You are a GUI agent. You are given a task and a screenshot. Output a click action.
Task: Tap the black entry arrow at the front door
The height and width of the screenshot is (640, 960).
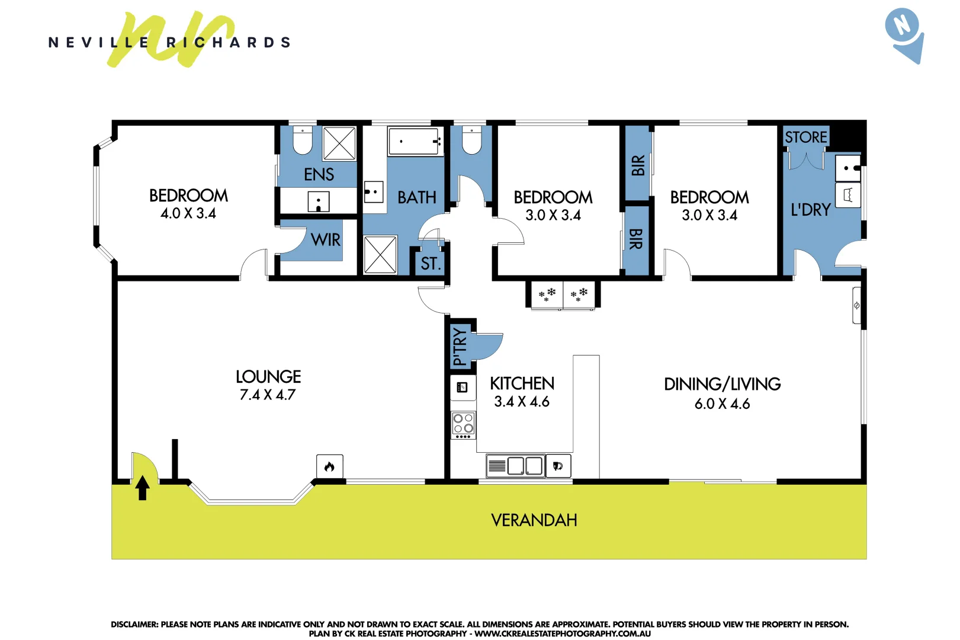tap(142, 488)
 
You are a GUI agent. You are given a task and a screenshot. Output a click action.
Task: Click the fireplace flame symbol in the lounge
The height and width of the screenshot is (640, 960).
tap(329, 466)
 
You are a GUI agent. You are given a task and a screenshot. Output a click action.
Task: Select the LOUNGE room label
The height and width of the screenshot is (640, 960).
tap(268, 377)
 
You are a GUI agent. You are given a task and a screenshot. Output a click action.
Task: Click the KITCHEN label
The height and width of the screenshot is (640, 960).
tap(522, 383)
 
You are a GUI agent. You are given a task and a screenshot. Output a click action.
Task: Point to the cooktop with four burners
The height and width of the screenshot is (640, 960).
tap(463, 425)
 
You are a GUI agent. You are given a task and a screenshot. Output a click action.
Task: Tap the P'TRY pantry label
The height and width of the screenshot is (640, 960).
tap(460, 347)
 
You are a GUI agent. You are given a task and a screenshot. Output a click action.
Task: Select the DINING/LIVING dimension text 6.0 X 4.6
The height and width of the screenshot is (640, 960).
tap(722, 404)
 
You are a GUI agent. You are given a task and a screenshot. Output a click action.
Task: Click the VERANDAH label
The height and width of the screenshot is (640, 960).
tap(534, 520)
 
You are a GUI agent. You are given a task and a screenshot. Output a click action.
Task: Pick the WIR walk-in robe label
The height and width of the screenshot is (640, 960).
tap(325, 240)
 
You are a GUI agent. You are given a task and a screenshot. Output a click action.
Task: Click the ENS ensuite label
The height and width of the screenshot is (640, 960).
tap(319, 174)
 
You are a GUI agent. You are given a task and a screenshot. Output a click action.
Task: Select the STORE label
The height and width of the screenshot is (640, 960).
tap(805, 137)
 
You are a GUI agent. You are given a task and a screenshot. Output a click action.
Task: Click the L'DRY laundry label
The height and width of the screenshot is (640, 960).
tap(811, 210)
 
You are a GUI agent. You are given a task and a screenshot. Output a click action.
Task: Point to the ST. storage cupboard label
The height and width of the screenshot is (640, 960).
tap(431, 264)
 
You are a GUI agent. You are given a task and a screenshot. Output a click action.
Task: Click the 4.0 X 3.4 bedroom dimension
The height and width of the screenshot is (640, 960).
tap(188, 213)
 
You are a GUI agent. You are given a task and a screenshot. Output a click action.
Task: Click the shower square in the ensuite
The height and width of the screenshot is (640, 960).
tap(339, 143)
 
